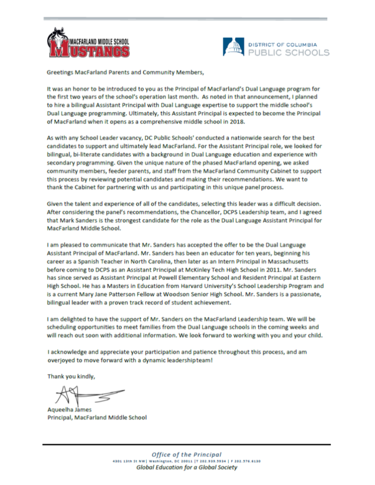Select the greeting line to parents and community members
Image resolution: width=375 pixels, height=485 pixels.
coord(125,73)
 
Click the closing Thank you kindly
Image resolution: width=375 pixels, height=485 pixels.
coord(70,375)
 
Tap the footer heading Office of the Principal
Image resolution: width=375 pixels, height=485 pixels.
coord(186,454)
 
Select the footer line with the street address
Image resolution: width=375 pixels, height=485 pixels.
coord(186,461)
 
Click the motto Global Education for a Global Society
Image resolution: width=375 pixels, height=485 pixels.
coord(186,467)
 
